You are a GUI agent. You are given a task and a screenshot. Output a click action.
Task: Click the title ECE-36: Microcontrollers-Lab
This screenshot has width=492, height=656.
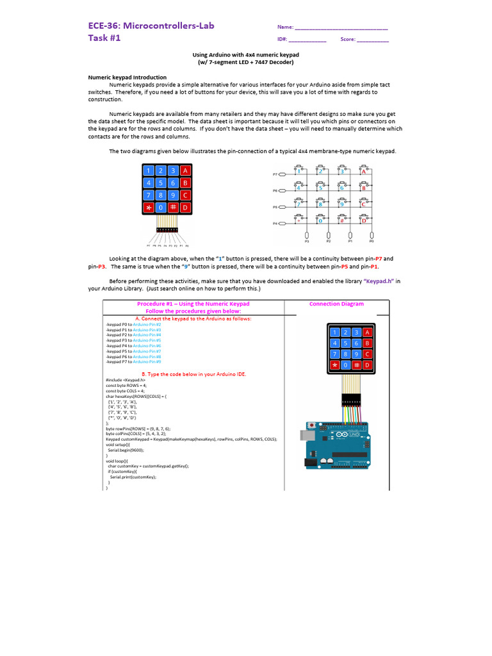pos(151,26)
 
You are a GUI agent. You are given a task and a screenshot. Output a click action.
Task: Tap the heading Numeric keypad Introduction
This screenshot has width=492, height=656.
pos(127,77)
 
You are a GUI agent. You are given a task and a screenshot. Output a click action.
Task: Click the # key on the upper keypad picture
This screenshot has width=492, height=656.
pos(173,208)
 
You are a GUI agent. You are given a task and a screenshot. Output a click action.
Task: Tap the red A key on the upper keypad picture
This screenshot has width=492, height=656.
pos(185,171)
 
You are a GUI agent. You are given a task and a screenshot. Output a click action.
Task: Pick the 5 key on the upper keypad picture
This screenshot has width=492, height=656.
pos(161,183)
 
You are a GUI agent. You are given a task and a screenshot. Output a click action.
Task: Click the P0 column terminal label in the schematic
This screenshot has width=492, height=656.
pos(372,242)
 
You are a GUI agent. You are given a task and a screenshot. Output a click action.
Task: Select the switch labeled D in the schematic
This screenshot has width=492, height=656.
pos(364,221)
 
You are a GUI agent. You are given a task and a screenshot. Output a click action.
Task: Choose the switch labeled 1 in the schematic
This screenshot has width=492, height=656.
pos(298,171)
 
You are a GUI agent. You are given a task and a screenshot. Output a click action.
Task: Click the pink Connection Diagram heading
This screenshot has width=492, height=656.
pos(336,304)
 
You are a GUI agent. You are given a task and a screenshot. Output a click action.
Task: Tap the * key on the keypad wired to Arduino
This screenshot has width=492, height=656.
pos(333,365)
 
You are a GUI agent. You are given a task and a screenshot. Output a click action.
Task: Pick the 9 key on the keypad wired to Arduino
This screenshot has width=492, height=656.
pos(356,354)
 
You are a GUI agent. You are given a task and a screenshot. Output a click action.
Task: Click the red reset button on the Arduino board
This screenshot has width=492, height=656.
pos(312,425)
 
